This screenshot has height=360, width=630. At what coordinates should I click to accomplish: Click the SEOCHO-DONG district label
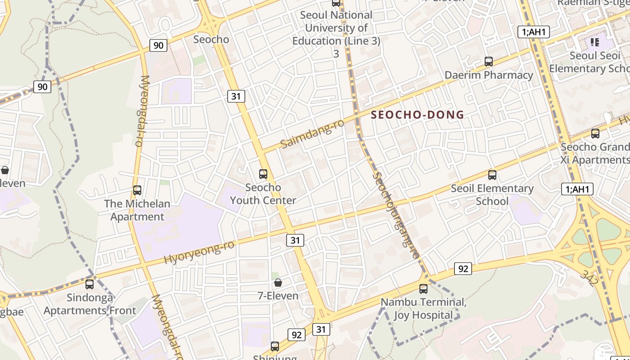[417, 115]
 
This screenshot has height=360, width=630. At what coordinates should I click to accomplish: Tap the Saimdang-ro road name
[312, 134]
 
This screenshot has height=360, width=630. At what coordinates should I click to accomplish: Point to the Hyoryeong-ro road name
[199, 252]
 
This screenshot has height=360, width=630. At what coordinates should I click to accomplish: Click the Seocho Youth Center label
[263, 194]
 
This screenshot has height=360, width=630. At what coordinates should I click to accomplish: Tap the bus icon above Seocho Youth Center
[263, 174]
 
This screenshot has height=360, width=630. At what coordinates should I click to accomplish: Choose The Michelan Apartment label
[137, 210]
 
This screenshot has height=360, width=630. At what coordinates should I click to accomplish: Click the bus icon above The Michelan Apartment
[137, 190]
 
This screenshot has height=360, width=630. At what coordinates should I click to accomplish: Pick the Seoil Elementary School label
[492, 194]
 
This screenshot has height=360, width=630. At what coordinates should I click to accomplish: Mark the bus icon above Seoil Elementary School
[492, 175]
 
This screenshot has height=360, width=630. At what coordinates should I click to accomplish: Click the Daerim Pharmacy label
[489, 75]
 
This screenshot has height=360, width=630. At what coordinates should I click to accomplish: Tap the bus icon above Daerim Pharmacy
[489, 61]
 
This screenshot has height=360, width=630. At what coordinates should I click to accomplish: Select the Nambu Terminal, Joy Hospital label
[423, 308]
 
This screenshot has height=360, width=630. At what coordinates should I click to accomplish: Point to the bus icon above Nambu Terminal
[423, 288]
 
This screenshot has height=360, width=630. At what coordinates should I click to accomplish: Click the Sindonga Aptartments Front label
[90, 304]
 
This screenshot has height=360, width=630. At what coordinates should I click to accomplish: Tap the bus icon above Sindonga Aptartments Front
[90, 284]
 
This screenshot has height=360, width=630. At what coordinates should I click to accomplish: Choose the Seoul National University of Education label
[336, 28]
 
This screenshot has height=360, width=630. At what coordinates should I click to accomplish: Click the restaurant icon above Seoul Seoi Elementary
[595, 42]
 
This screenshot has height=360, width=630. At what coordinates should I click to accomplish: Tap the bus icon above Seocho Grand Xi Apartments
[595, 133]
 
